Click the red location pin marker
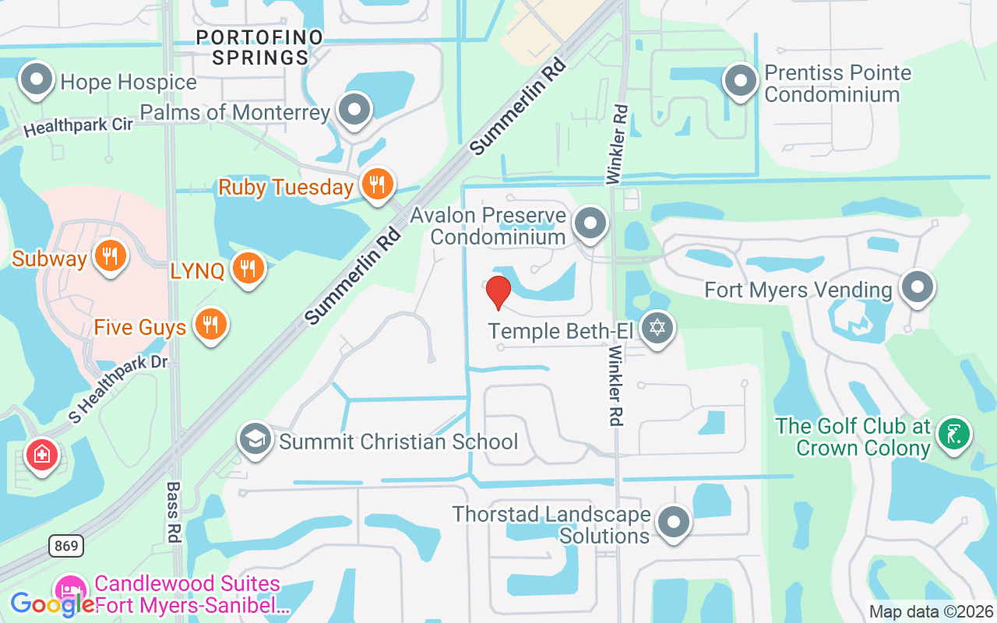[498, 293]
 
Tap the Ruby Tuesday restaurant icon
[377, 185]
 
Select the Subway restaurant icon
[110, 256]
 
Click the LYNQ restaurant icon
[248, 269]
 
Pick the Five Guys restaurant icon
[210, 325]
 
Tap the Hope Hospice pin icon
[36, 79]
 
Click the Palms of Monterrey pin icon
[355, 110]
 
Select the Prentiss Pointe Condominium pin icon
[741, 80]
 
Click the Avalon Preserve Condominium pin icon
[590, 224]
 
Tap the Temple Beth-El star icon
[657, 329]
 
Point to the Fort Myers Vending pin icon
[917, 287]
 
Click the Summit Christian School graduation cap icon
[255, 440]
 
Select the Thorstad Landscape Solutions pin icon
[673, 523]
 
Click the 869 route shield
[66, 546]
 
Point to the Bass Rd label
[173, 512]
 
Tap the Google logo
[52, 604]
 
